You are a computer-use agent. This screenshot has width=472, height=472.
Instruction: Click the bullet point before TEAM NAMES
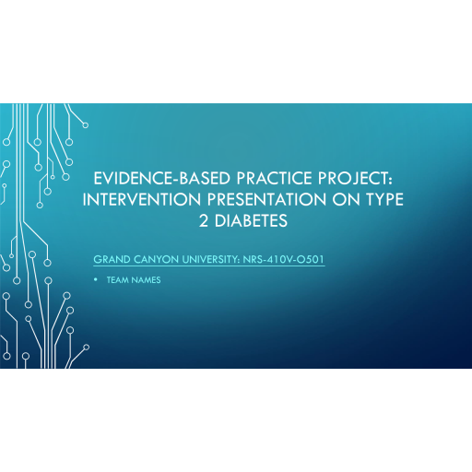97,280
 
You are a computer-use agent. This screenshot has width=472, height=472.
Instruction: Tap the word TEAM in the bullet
118,280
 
